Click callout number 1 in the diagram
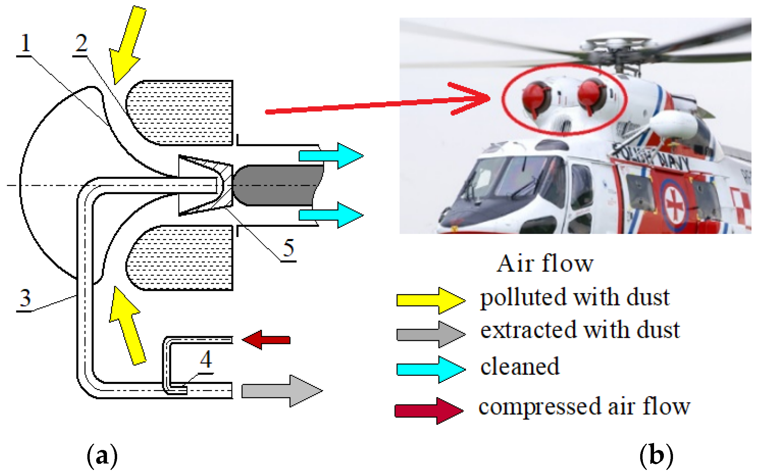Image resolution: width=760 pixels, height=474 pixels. [25, 44]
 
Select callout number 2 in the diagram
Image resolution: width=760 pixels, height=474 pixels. [81, 44]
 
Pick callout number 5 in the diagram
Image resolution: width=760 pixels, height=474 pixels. [288, 249]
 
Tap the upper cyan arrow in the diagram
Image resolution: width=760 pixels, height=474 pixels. [331, 156]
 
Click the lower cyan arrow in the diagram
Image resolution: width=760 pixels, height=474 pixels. [331, 215]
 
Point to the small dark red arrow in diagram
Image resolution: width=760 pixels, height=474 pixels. [266, 340]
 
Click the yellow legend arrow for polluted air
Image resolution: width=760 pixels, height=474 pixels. [431, 300]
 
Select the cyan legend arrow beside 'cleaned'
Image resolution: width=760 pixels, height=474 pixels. [431, 369]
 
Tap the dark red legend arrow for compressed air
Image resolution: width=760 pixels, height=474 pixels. [429, 411]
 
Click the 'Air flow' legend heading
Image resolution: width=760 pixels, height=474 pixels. [545, 264]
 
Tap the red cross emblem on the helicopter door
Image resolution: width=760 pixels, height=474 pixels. [674, 205]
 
